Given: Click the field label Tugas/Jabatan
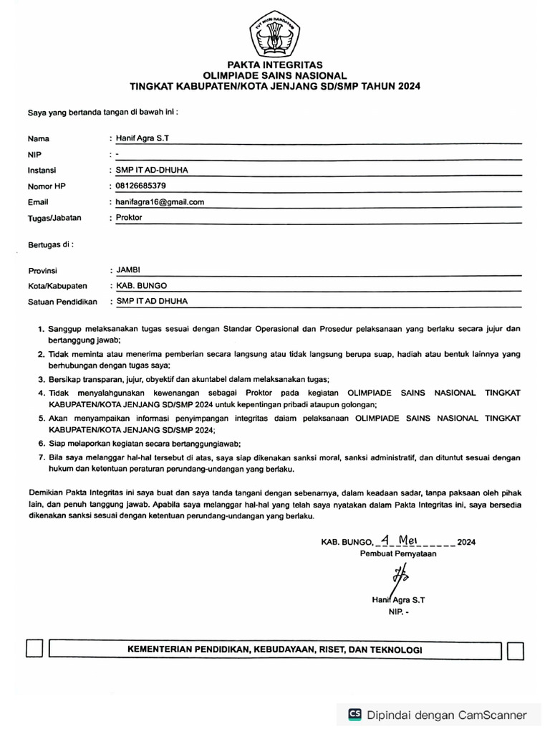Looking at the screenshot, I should click(x=54, y=218).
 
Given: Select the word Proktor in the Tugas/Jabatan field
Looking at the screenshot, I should click(x=129, y=218).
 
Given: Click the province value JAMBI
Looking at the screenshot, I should click(x=129, y=270).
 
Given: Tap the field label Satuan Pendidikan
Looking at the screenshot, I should click(x=62, y=302).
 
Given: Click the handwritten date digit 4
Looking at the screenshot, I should click(x=385, y=540).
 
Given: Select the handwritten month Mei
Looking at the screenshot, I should click(x=413, y=540).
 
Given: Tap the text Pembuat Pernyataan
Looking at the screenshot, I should click(x=397, y=553).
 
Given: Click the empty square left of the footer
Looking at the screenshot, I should click(x=34, y=649).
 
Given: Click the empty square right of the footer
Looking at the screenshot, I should click(x=515, y=650).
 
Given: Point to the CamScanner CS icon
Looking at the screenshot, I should click(x=354, y=714).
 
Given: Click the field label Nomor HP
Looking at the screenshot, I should click(x=47, y=186).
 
